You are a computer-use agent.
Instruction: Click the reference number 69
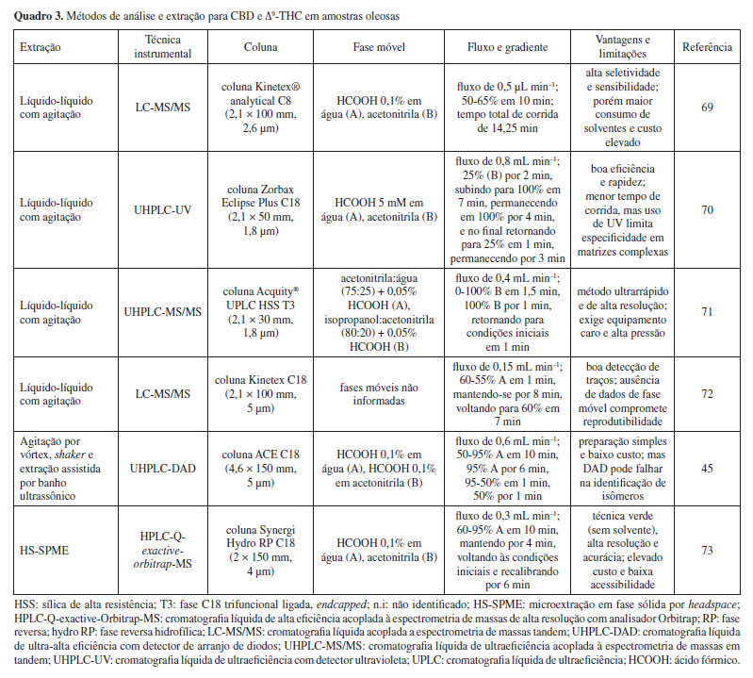tap(706, 107)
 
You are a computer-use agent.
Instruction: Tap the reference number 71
tap(706, 307)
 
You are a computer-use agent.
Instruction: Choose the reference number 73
tap(706, 548)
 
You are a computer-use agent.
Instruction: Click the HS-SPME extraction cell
tap(45, 548)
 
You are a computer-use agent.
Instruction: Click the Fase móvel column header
tap(383, 45)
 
